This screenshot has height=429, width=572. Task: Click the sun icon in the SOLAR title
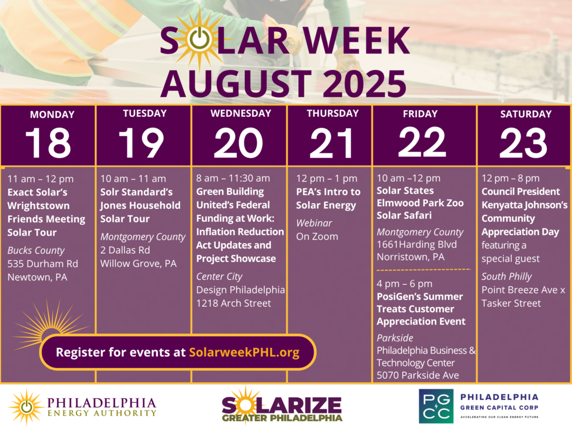pyautogui.click(x=199, y=40)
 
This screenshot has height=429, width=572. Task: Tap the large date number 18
pyautogui.click(x=48, y=143)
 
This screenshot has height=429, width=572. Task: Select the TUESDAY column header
pyautogui.click(x=145, y=113)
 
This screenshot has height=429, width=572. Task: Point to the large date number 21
pyautogui.click(x=331, y=143)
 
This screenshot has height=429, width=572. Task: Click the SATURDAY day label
pyautogui.click(x=526, y=114)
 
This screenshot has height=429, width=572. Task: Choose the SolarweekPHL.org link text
pyautogui.click(x=244, y=352)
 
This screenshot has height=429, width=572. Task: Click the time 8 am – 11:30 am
pyautogui.click(x=233, y=178)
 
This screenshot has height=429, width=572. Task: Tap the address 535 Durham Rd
pyautogui.click(x=42, y=264)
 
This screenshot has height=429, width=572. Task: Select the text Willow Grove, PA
pyautogui.click(x=139, y=264)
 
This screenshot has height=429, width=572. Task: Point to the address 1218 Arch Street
pyautogui.click(x=233, y=303)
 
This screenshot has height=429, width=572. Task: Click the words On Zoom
pyautogui.click(x=317, y=236)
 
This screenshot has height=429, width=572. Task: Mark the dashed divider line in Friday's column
pyautogui.click(x=423, y=270)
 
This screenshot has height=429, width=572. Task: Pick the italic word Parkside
pyautogui.click(x=395, y=338)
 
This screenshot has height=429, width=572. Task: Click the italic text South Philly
pyautogui.click(x=507, y=277)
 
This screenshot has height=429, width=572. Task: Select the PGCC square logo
pyautogui.click(x=436, y=406)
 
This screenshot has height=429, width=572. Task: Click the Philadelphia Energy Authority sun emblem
pyautogui.click(x=26, y=407)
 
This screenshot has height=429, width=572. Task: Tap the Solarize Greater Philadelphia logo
pyautogui.click(x=282, y=406)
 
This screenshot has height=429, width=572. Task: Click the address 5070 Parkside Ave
pyautogui.click(x=418, y=375)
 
